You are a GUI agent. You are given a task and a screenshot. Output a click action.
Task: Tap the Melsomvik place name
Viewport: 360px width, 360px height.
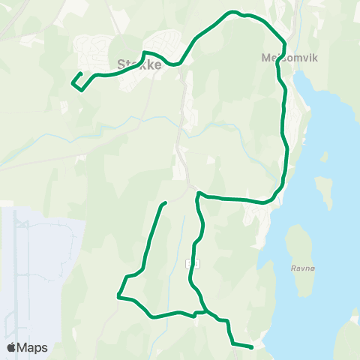[281, 57]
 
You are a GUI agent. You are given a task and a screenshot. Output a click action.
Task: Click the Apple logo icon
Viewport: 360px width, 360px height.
[12, 347]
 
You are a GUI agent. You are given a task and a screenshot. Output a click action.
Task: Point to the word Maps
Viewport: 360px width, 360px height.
[33, 347]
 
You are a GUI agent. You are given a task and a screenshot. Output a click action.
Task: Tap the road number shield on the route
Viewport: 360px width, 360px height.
[195, 263]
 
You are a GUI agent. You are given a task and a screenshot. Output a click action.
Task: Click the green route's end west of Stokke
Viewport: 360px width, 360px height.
[80, 73]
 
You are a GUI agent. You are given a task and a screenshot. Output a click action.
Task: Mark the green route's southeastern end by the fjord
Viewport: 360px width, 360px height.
[252, 347]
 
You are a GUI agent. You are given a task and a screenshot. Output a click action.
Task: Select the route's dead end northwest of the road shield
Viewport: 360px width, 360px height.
[164, 203]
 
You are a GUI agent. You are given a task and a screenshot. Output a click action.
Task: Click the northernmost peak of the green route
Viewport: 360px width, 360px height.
[234, 12]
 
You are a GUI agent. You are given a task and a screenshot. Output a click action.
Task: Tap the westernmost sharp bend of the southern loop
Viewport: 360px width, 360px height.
[118, 295]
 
